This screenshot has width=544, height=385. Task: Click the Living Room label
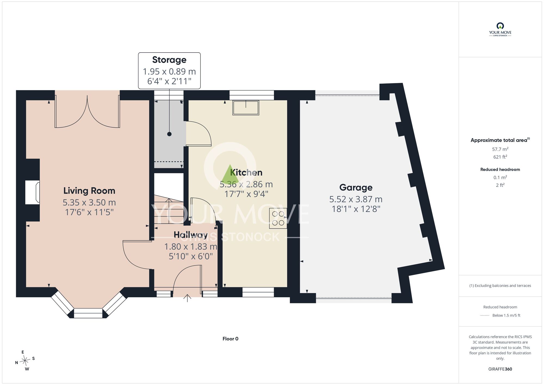89,191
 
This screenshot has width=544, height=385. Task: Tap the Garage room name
356,188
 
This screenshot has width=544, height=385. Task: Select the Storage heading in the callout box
169,60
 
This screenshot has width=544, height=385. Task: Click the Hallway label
191,234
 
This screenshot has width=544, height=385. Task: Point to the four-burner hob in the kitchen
278,218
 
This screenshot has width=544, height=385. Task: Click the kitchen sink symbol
246,108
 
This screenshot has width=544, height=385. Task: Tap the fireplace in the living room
32,192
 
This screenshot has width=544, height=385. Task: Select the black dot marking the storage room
169,134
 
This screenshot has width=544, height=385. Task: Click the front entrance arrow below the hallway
187,298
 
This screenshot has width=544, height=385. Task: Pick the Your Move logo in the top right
500,30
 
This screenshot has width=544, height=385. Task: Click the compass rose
25,361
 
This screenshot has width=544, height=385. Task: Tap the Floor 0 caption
230,339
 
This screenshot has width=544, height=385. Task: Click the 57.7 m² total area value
500,149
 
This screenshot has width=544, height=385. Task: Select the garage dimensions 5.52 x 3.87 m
356,199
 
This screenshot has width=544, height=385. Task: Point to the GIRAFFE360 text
500,369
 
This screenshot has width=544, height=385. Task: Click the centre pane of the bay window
88,313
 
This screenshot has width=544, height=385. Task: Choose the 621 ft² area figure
500,157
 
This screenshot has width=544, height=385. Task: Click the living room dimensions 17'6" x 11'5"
89,212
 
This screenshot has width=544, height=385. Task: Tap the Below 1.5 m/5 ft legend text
506,315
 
